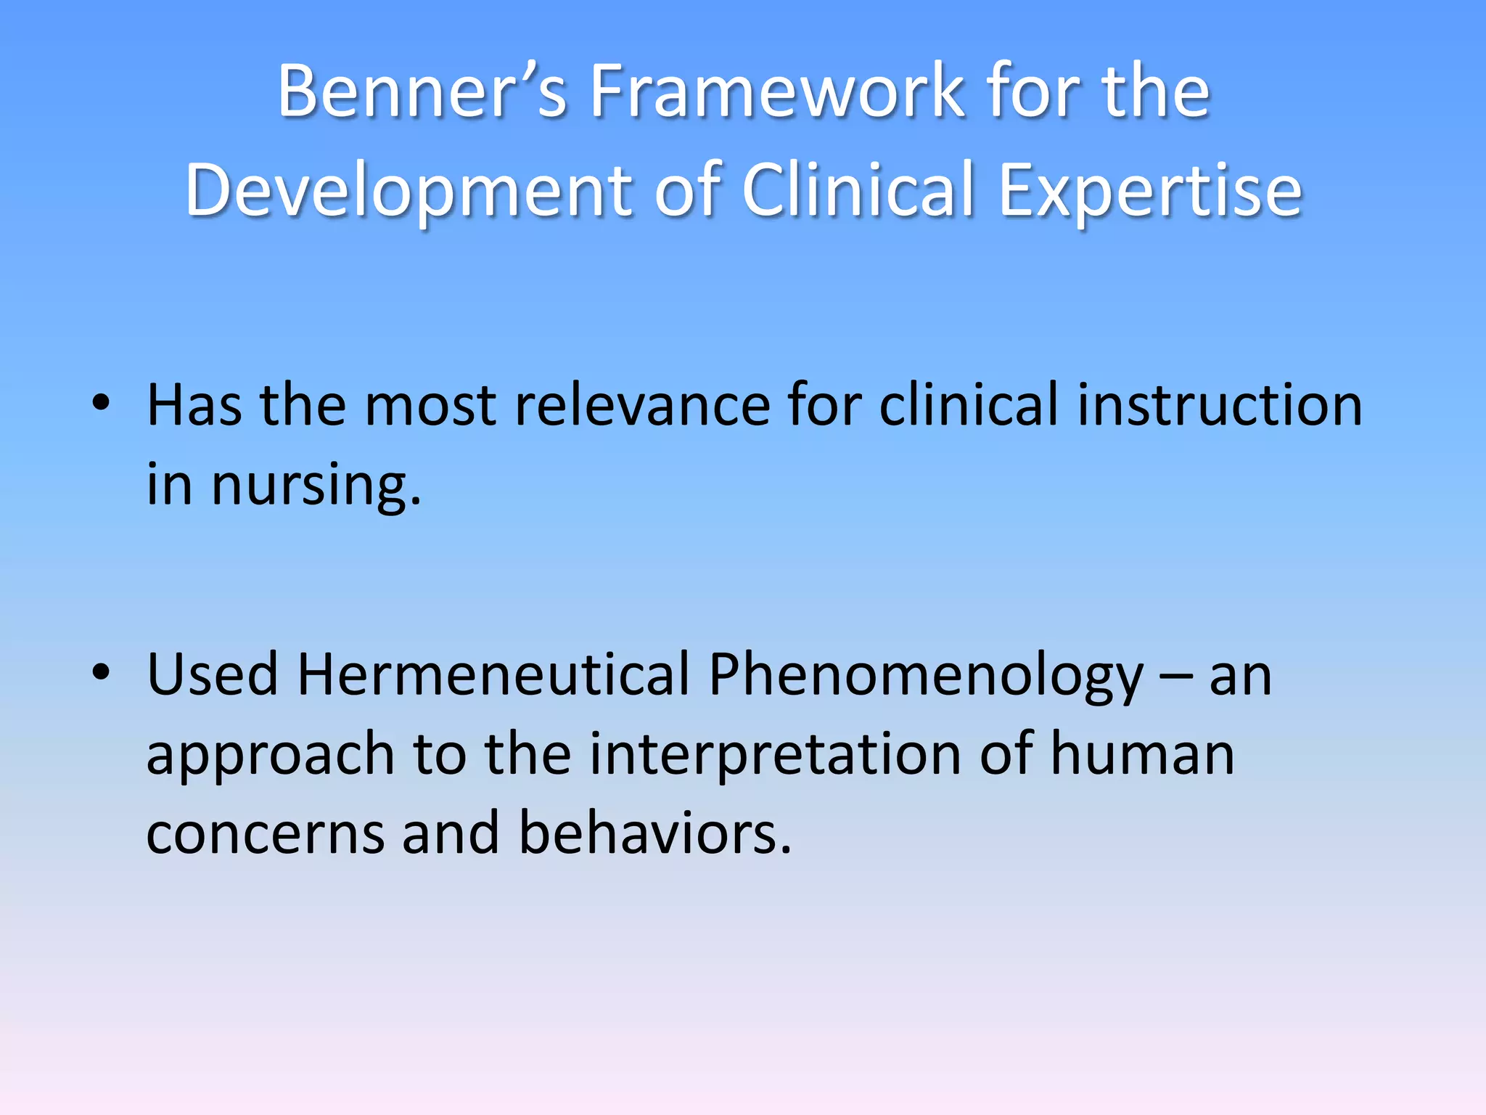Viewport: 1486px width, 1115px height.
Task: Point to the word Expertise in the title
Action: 1150,190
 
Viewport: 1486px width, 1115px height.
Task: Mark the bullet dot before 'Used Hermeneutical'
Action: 101,671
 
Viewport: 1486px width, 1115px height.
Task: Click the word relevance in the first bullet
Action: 642,404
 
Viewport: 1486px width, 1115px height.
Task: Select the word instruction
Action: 1219,404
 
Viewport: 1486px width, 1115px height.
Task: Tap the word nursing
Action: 316,486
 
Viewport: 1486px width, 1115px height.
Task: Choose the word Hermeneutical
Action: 493,674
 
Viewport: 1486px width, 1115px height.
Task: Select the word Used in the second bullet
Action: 213,674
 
